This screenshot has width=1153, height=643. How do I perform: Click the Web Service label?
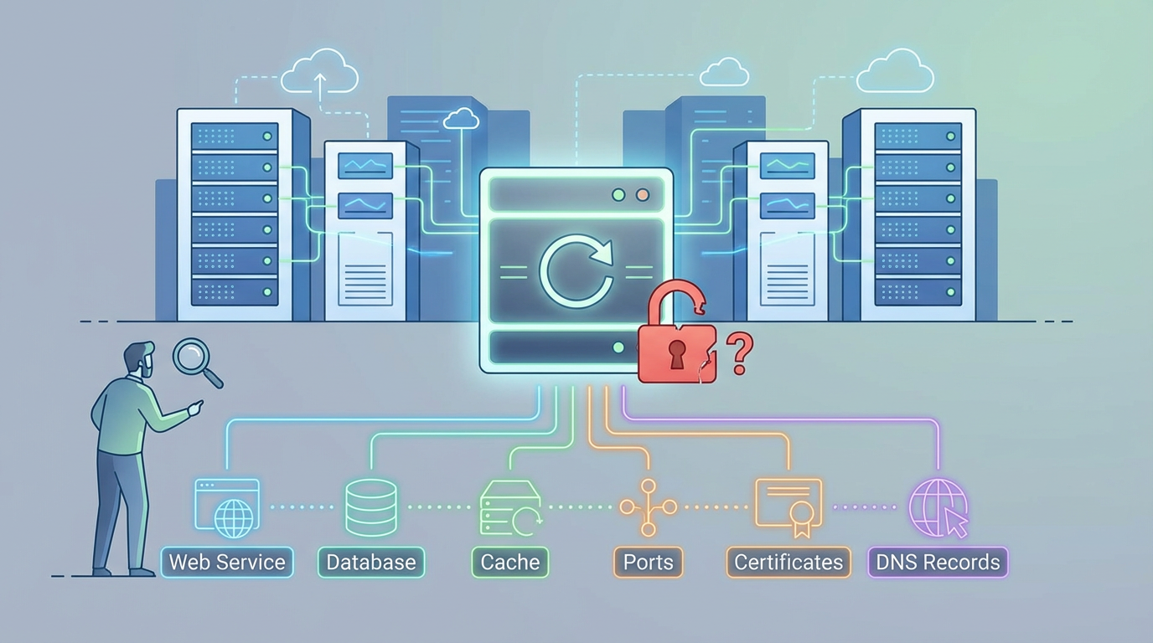[x=227, y=562]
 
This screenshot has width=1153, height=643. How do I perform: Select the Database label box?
[x=371, y=562]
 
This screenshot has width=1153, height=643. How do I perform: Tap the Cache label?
[x=509, y=562]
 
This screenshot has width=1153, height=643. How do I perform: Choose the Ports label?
[x=648, y=562]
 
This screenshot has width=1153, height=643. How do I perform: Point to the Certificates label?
[x=788, y=562]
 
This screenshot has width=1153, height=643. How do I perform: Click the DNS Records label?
[x=938, y=562]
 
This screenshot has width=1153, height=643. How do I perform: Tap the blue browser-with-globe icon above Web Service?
[x=226, y=507]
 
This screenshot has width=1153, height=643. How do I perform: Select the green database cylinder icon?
[x=371, y=507]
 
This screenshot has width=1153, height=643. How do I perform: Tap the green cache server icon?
[x=509, y=508]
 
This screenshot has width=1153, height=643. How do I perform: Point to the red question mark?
[x=738, y=353]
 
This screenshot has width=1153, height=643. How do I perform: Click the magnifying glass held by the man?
[x=196, y=357]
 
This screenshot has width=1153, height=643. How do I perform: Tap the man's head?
[x=139, y=358]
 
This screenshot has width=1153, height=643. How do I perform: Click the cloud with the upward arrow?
[x=319, y=74]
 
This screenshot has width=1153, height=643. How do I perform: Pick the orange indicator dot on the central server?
[x=643, y=195]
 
